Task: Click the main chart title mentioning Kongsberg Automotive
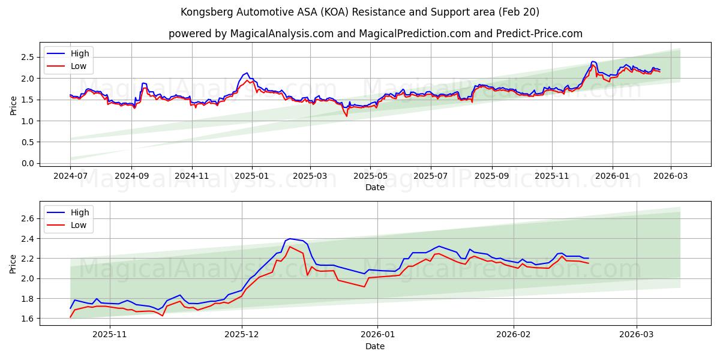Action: tap(360, 12)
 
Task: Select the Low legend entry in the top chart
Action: tap(79, 66)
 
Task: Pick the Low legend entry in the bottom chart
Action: tap(79, 225)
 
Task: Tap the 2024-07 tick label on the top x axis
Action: tap(70, 176)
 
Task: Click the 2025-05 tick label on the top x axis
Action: tap(370, 176)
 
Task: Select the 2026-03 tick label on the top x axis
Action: tap(670, 176)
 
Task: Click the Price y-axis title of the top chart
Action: tap(13, 105)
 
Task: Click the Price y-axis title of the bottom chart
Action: tap(13, 264)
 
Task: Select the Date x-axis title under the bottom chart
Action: tap(375, 346)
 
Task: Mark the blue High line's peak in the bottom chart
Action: tap(290, 238)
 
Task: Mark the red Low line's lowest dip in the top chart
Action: tap(346, 116)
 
